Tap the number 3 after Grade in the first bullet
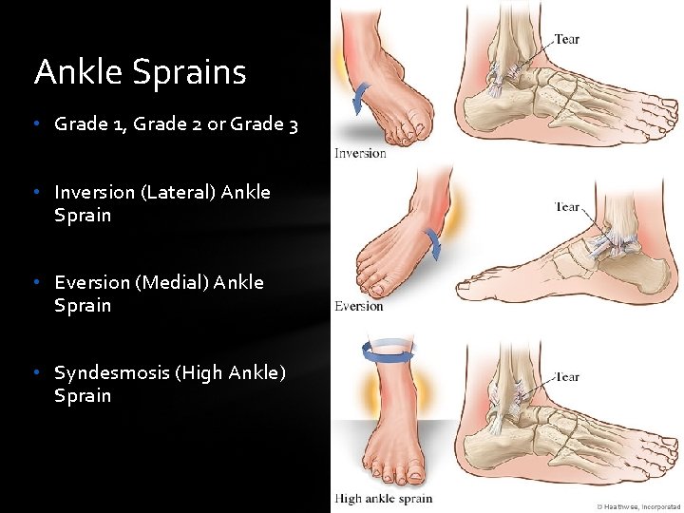(293, 123)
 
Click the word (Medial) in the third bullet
(171, 282)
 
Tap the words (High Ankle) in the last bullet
(230, 372)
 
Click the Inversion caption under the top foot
(360, 154)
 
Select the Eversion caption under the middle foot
(359, 306)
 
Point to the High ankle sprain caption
(383, 499)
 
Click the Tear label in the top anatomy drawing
(566, 39)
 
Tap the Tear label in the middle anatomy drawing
(567, 206)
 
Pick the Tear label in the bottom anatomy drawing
(567, 377)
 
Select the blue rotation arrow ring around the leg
(386, 352)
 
